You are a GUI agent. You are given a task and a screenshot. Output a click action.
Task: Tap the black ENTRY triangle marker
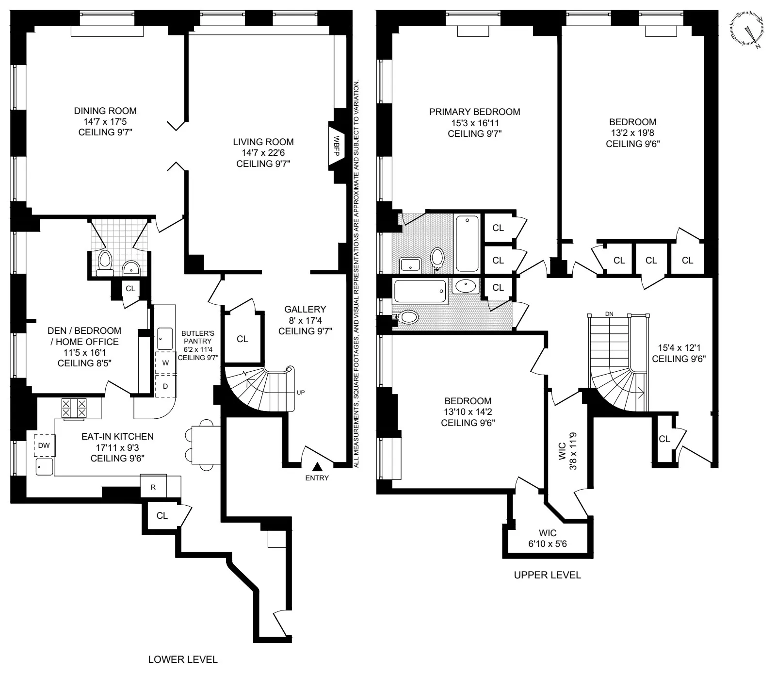click(x=317, y=467)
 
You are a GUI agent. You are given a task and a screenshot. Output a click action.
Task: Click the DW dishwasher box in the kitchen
click(x=44, y=445)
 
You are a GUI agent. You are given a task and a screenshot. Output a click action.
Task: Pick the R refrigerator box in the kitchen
click(x=153, y=487)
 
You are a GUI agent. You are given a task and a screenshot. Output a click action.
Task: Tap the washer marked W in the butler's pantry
click(x=165, y=363)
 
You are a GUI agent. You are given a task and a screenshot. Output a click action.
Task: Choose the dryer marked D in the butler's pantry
click(x=165, y=386)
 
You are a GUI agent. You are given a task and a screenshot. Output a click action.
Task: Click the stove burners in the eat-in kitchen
click(x=74, y=408)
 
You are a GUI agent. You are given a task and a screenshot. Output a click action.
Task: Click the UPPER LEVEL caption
click(x=547, y=575)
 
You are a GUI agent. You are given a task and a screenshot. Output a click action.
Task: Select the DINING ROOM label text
click(x=105, y=111)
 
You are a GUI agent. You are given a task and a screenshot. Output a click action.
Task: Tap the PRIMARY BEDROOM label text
click(x=474, y=112)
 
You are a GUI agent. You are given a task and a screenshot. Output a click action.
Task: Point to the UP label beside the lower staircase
click(x=301, y=392)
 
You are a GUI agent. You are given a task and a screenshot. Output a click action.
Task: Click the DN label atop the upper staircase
click(x=609, y=314)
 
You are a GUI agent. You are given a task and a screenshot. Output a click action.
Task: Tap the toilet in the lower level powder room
click(x=104, y=262)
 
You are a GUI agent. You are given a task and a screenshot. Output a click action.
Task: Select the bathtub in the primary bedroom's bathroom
click(x=467, y=243)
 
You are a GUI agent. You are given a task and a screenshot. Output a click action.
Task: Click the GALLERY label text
click(x=305, y=310)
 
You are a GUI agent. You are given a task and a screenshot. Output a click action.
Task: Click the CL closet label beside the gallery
click(x=242, y=339)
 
